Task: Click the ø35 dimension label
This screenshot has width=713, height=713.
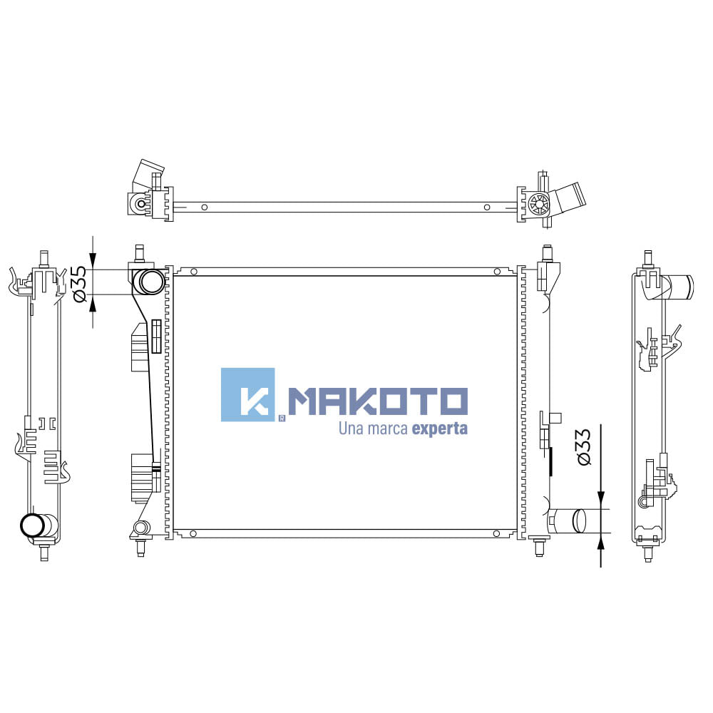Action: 79,284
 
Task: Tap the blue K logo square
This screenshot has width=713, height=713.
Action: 248,395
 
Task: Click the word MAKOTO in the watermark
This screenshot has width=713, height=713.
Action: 379,401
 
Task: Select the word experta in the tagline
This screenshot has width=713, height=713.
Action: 440,429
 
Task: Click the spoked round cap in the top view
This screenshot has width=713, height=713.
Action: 539,204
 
